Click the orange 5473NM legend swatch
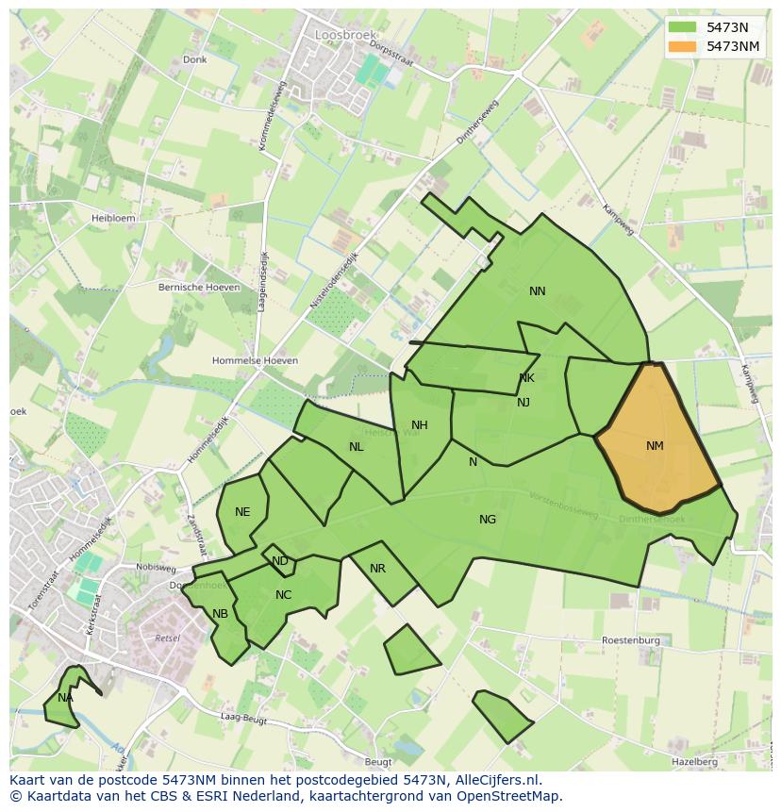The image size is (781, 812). (683, 46)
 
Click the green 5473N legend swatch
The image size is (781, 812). (683, 27)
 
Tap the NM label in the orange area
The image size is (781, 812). (655, 446)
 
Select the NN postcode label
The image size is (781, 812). (538, 291)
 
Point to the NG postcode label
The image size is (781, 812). (488, 520)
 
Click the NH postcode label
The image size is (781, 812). (420, 425)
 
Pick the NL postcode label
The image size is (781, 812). (356, 447)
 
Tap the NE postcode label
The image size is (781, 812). (242, 512)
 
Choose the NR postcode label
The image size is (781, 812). (377, 569)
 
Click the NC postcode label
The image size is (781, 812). (283, 595)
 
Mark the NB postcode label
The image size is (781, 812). (220, 614)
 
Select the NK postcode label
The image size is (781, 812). (526, 378)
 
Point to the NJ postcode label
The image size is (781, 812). (523, 403)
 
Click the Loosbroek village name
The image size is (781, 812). (337, 37)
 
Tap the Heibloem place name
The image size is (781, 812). (112, 218)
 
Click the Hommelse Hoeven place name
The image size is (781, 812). (255, 361)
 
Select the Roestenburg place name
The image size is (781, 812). (631, 640)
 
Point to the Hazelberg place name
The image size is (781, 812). (695, 761)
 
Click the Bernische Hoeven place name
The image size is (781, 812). (199, 287)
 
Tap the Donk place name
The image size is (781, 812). (194, 59)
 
